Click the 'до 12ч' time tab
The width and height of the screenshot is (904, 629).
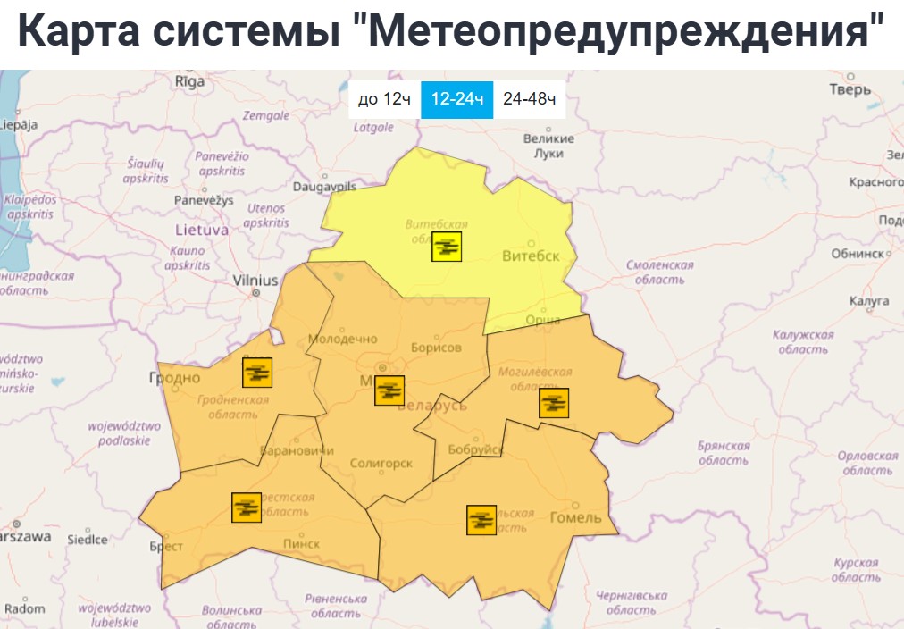tap(383, 99)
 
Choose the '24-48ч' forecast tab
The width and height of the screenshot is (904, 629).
tap(530, 99)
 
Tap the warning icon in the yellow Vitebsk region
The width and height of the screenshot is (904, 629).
tap(447, 246)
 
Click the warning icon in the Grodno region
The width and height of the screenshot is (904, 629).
tap(257, 372)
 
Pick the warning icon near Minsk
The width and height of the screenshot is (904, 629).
tap(389, 390)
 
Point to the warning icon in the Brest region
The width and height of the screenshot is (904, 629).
tap(246, 507)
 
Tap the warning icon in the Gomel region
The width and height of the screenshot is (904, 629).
tap(481, 519)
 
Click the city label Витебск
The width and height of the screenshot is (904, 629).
tap(531, 256)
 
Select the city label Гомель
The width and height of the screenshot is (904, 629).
tap(576, 518)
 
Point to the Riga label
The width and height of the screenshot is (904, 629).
tap(189, 81)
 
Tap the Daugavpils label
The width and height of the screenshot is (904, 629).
tap(324, 187)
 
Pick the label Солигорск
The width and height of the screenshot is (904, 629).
tap(381, 464)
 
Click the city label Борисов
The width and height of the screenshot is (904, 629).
tap(436, 348)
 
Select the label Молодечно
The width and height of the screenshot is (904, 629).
tap(343, 340)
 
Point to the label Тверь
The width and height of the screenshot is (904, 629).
tap(850, 89)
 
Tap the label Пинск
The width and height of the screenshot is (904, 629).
tap(300, 543)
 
